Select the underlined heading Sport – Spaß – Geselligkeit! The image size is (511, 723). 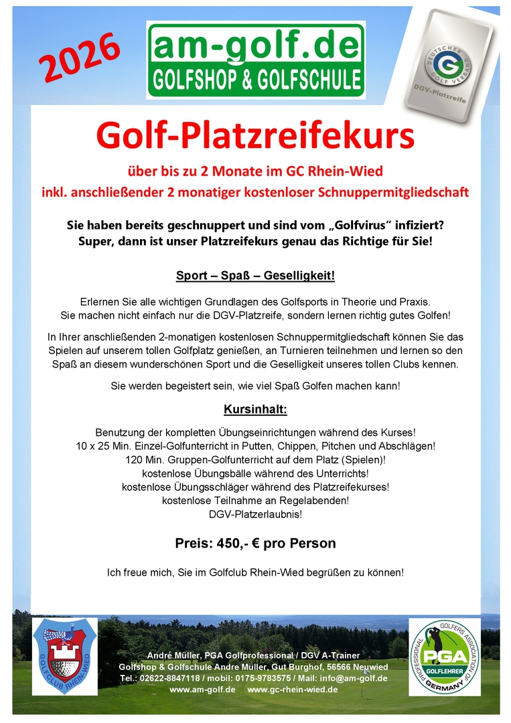coord(255,276)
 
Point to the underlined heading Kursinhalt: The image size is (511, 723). coord(255,409)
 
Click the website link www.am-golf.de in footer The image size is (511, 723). coord(202,690)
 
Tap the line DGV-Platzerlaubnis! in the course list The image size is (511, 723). coord(255,514)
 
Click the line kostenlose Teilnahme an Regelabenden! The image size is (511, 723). coord(255,500)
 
